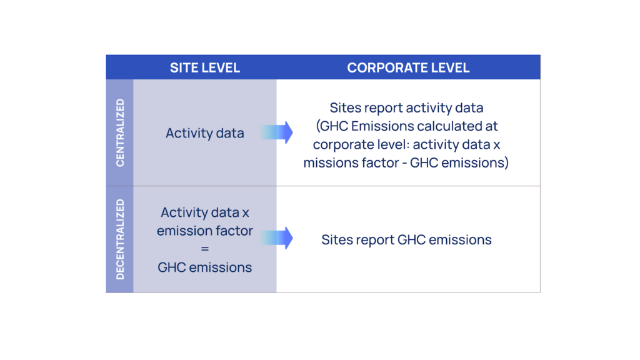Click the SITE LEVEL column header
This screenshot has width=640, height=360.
coord(205,67)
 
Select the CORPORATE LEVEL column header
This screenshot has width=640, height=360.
coord(408,67)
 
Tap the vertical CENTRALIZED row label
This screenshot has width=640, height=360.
coord(120,132)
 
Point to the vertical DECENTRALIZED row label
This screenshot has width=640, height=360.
coord(120,239)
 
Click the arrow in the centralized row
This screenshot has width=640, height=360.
coord(277,132)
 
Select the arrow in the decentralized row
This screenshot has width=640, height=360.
coord(277,238)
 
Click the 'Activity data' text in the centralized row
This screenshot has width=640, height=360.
coord(205,133)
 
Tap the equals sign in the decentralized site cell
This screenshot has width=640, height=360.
coord(205,249)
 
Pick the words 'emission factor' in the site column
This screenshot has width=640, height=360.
coord(205,231)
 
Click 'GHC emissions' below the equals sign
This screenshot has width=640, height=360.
coord(205,267)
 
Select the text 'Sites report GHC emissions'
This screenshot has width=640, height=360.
coord(406,239)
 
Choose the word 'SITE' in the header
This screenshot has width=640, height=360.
coord(184,67)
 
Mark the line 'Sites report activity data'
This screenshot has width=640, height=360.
coord(406,108)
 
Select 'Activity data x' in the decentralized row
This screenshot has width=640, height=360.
coord(205,212)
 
